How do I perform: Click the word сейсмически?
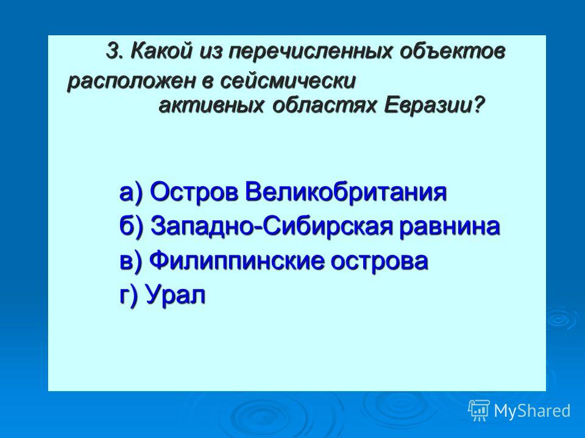pyautogui.click(x=288, y=81)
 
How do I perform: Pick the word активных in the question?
pyautogui.click(x=211, y=106)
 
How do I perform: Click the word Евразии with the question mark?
pyautogui.click(x=434, y=106)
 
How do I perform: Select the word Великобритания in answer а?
pyautogui.click(x=346, y=192)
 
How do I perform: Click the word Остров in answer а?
pyautogui.click(x=194, y=193)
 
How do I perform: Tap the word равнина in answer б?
pyautogui.click(x=449, y=227)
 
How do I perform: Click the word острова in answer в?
pyautogui.click(x=379, y=262)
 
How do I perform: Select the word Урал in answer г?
pyautogui.click(x=175, y=294)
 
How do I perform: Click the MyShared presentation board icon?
pyautogui.click(x=479, y=411)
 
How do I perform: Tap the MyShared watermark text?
pyautogui.click(x=532, y=411)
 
